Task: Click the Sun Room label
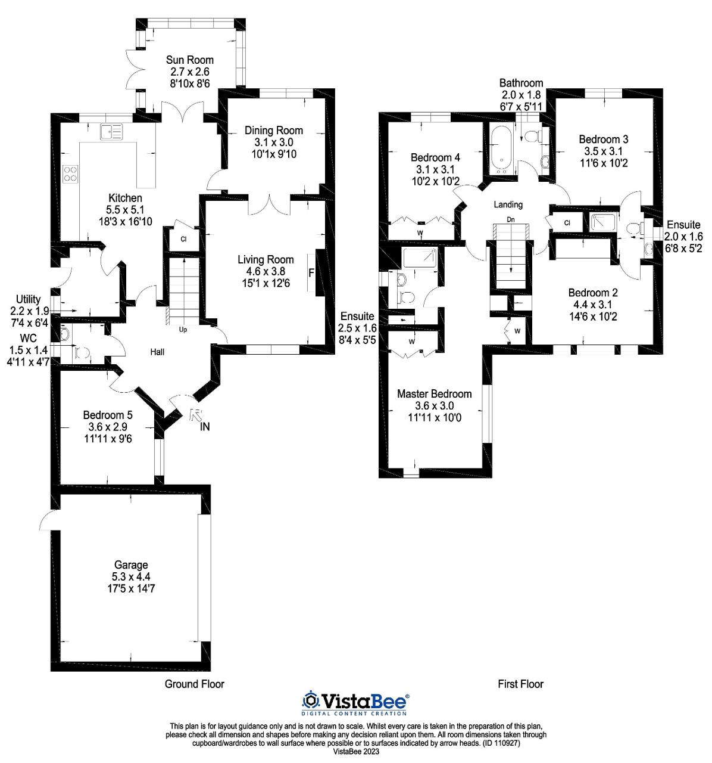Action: click(189, 60)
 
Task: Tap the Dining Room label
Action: click(274, 131)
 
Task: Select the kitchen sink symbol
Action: click(111, 131)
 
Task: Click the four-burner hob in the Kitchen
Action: click(70, 173)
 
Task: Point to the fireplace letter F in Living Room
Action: click(311, 274)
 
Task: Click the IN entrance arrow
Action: click(196, 419)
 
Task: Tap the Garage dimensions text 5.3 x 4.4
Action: click(131, 576)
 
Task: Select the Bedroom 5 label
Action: click(108, 415)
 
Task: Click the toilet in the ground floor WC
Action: click(82, 353)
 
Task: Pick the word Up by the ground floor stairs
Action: click(183, 329)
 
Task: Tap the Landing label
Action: click(508, 204)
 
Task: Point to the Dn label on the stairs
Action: click(510, 219)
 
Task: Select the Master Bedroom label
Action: click(434, 394)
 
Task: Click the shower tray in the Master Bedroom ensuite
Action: click(420, 258)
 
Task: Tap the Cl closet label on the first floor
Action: click(567, 223)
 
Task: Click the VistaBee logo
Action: click(355, 702)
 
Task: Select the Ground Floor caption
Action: click(194, 684)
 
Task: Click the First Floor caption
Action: click(520, 684)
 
